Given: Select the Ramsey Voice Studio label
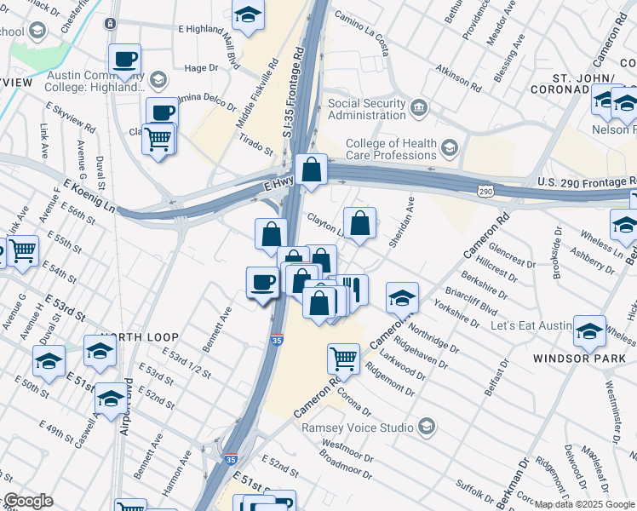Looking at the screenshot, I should (359, 426).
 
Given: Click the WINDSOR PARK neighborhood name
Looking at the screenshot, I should (579, 358).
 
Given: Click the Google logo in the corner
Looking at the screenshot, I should (28, 501).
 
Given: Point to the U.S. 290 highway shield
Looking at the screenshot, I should (485, 192).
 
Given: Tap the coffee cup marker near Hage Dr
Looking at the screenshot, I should (125, 59).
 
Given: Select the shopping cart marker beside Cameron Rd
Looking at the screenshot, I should (343, 358).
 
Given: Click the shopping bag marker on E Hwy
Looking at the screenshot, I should (312, 169).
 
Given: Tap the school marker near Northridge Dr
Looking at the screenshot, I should (402, 298).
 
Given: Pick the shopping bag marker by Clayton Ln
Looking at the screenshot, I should (360, 224).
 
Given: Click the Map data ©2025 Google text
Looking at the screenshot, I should (584, 504).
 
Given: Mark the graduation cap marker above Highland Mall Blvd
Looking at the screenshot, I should (248, 15).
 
